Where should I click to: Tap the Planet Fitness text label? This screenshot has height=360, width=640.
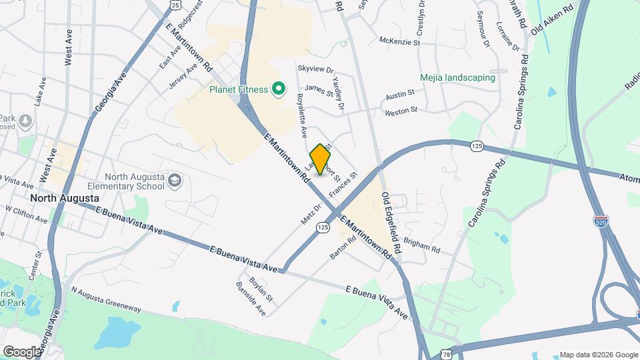coord(238,89)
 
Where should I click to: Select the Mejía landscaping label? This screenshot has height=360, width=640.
coord(457,77)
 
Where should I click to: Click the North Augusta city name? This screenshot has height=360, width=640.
coord(65,199)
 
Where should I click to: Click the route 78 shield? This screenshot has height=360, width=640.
coord(445,351)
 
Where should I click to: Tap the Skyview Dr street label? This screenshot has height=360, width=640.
coord(315,69)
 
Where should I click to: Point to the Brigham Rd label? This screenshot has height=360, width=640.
coord(421,247)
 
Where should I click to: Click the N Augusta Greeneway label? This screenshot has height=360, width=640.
coord(106,300)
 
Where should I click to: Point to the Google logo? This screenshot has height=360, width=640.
coord(21,351)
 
